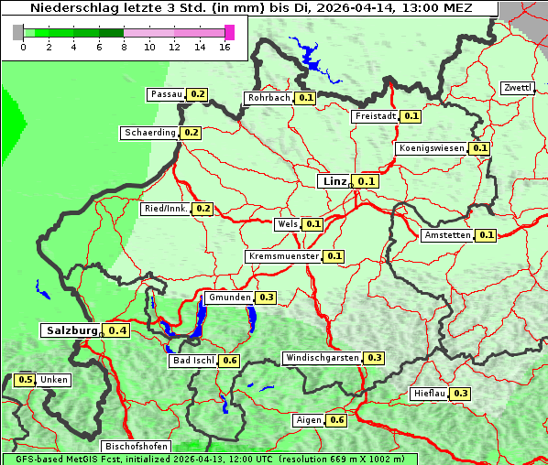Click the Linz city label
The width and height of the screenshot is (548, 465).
pyautogui.click(x=334, y=181)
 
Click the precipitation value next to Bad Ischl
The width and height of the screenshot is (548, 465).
pyautogui.click(x=229, y=361)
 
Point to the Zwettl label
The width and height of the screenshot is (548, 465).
pyautogui.click(x=518, y=88)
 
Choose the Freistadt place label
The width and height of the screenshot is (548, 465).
pyautogui.click(x=375, y=116)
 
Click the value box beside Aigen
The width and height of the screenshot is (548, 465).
pyautogui.click(x=336, y=420)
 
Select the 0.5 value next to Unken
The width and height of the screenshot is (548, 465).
pyautogui.click(x=26, y=380)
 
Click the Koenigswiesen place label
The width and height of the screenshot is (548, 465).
pyautogui.click(x=432, y=148)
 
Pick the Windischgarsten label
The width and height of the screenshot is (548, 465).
pyautogui.click(x=322, y=358)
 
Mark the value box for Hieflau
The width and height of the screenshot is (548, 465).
pyautogui.click(x=460, y=394)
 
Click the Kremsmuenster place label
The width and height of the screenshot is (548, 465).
pyautogui.click(x=283, y=256)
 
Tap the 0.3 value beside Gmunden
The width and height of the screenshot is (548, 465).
pyautogui.click(x=267, y=297)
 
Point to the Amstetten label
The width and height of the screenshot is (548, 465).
pyautogui.click(x=447, y=235)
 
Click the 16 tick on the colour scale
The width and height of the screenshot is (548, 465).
pyautogui.click(x=225, y=47)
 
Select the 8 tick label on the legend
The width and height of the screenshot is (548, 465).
pyautogui.click(x=124, y=47)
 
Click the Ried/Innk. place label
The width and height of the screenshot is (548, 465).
pyautogui.click(x=166, y=209)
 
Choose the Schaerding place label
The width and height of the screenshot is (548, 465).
pyautogui.click(x=150, y=133)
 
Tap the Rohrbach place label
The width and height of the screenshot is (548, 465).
pyautogui.click(x=269, y=98)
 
